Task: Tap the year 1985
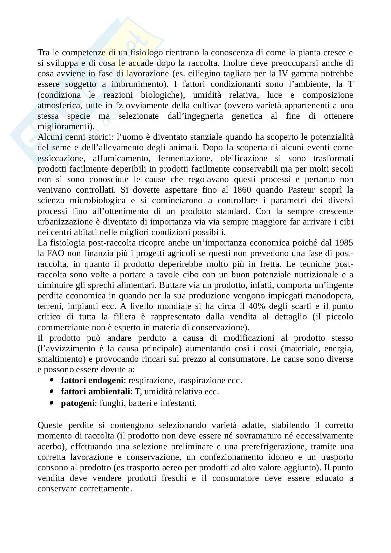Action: click(344, 243)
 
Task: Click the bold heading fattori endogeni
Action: click(92, 380)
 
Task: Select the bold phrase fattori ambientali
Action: click(95, 392)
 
